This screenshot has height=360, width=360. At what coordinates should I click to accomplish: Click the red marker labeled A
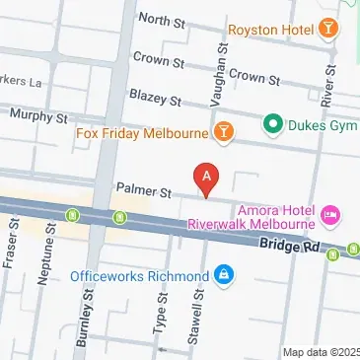click(x=206, y=177)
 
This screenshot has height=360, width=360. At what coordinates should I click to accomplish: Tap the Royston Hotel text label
click(x=269, y=30)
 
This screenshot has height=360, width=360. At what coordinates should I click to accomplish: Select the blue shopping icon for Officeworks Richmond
click(x=224, y=273)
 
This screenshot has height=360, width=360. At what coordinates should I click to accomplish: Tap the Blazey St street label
click(x=160, y=100)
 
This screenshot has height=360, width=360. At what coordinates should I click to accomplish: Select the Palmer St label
click(x=144, y=187)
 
